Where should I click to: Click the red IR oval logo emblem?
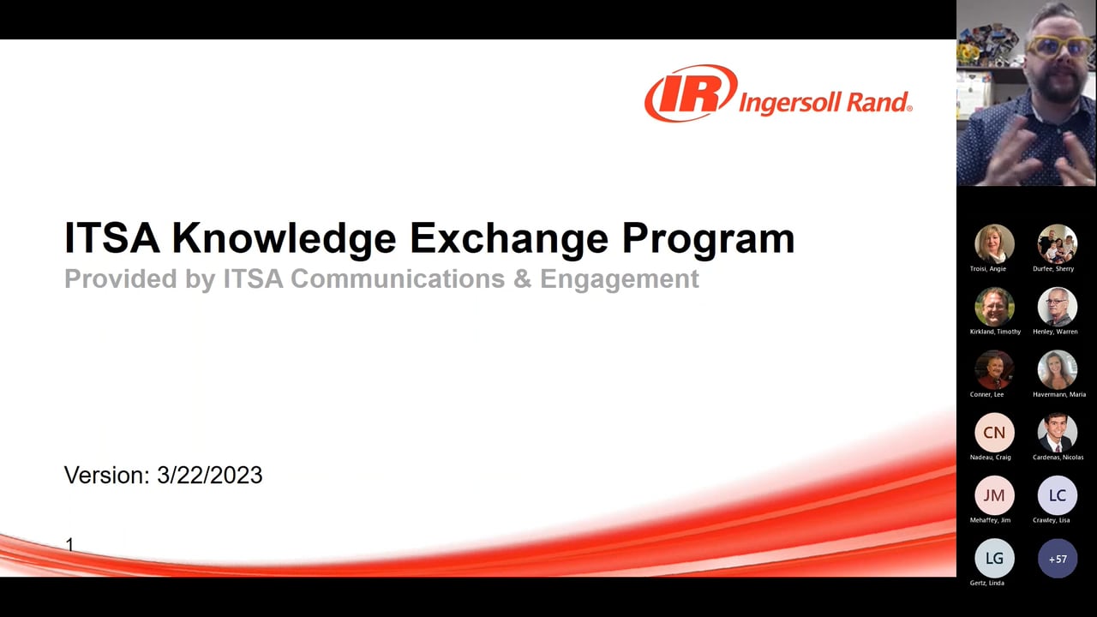pos(691,93)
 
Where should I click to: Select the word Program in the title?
pos(708,239)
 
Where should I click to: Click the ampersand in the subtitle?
pos(522,279)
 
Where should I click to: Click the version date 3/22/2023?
pos(209,476)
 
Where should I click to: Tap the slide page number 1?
pos(69,544)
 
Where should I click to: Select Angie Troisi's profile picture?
pos(994,244)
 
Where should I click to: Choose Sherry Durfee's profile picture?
pos(1057,244)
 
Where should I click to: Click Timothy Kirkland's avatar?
pos(994,307)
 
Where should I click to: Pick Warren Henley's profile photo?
pos(1057,307)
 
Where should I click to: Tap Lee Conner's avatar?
pos(994,369)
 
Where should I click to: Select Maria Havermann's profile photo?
pos(1057,369)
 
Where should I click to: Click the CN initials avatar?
pos(994,433)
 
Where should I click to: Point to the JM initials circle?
pos(994,495)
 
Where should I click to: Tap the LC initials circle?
pos(1057,495)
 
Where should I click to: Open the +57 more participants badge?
pos(1057,559)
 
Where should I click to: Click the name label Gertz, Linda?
pos(986,583)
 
